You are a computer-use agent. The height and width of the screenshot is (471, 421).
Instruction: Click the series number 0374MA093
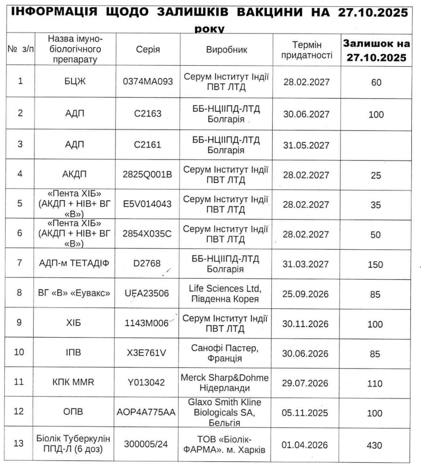tap(148, 82)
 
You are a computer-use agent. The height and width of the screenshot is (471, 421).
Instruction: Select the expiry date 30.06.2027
tap(306, 115)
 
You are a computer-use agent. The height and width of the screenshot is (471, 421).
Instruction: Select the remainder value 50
tap(376, 235)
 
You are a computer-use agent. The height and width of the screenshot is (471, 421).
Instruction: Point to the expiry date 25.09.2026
tap(306, 294)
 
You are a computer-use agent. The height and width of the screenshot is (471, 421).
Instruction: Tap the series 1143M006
tap(147, 323)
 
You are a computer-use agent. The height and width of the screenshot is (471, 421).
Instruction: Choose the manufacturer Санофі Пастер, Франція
tap(226, 353)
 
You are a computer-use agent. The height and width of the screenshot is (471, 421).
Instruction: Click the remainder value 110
tap(376, 383)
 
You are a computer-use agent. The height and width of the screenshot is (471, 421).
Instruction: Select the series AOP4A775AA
tap(147, 413)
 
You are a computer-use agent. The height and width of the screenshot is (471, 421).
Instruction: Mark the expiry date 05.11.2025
tap(306, 413)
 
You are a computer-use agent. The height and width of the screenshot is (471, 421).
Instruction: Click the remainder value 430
tap(376, 445)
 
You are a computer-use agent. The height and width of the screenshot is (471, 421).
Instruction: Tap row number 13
tap(20, 444)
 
